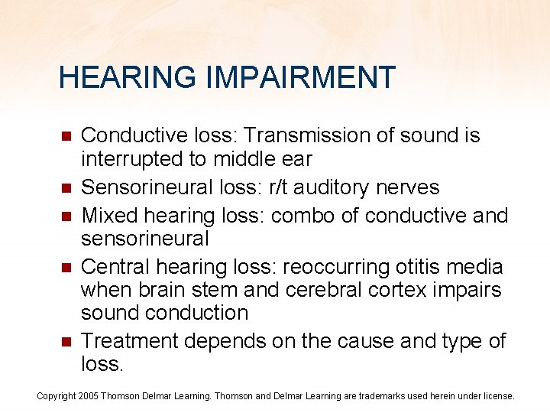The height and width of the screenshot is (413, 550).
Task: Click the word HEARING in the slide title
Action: pyautogui.click(x=115, y=77)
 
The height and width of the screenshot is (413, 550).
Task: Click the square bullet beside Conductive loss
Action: pyautogui.click(x=66, y=136)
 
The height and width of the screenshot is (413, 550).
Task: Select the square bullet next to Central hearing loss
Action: pyautogui.click(x=66, y=268)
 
